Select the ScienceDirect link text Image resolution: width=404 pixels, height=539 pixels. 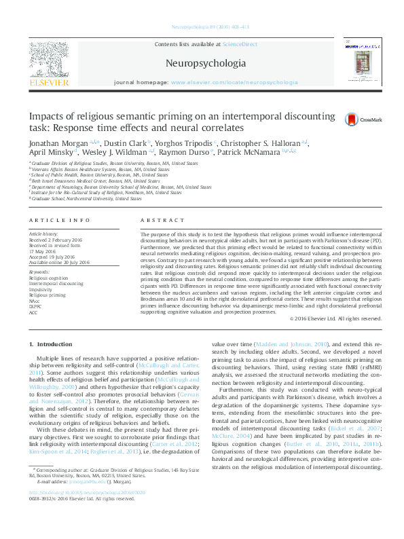(x=240, y=44)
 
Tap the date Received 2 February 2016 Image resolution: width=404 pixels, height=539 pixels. (x=54, y=240)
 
